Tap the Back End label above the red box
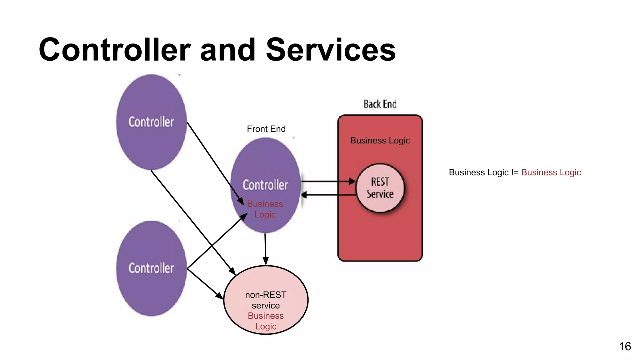pos(380,104)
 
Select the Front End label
pos(266,129)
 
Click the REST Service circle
pos(380,188)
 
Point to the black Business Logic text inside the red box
pos(380,141)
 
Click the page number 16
pos(625,346)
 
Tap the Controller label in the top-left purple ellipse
pos(151,122)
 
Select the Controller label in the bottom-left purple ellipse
pos(151,268)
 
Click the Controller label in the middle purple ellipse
pos(265,185)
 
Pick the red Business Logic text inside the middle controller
pos(265,209)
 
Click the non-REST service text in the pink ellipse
pos(266,300)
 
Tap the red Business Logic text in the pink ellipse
pos(266,321)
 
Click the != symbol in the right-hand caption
pos(515,172)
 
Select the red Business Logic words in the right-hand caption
pos(551,172)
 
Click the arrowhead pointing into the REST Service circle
pos(352,181)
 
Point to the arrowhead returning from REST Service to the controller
pos(304,195)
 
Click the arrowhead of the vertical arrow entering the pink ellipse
pos(266,261)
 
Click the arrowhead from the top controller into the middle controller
pos(241,201)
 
